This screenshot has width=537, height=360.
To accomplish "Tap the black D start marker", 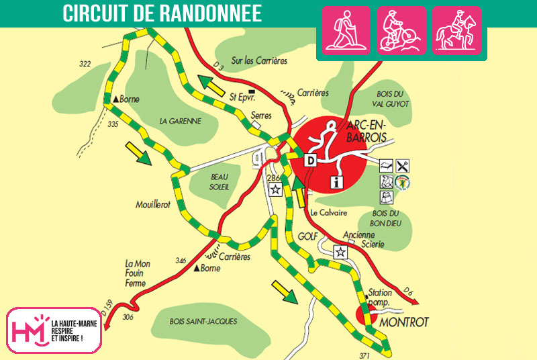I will pos(311,161).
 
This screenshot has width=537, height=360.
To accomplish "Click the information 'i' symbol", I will pos(337,181).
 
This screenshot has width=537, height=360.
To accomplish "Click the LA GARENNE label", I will pos(181,121).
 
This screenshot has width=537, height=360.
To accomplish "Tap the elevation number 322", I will pos(85,64).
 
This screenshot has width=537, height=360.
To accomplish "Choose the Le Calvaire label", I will pos(329,213).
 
